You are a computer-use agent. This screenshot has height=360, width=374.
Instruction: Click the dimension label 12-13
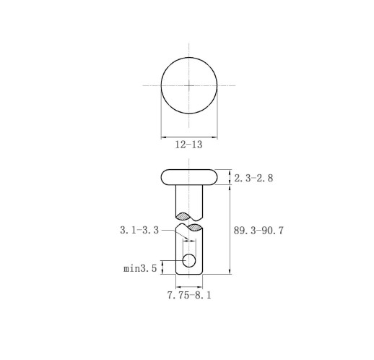[x=188, y=145]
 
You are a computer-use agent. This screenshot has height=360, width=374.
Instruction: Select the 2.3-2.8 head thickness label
[x=253, y=179]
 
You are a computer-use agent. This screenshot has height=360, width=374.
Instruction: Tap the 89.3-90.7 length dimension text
[x=258, y=231]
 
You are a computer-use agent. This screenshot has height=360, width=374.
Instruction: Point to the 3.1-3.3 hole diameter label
[x=139, y=230]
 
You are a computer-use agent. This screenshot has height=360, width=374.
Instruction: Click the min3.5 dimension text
[x=140, y=268]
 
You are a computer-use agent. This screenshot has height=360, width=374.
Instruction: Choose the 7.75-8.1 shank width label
[x=189, y=295]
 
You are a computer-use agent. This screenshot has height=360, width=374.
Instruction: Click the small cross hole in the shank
[x=189, y=260]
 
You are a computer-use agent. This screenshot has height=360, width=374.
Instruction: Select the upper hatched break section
[x=183, y=216]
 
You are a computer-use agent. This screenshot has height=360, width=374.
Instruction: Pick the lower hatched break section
[x=194, y=228]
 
